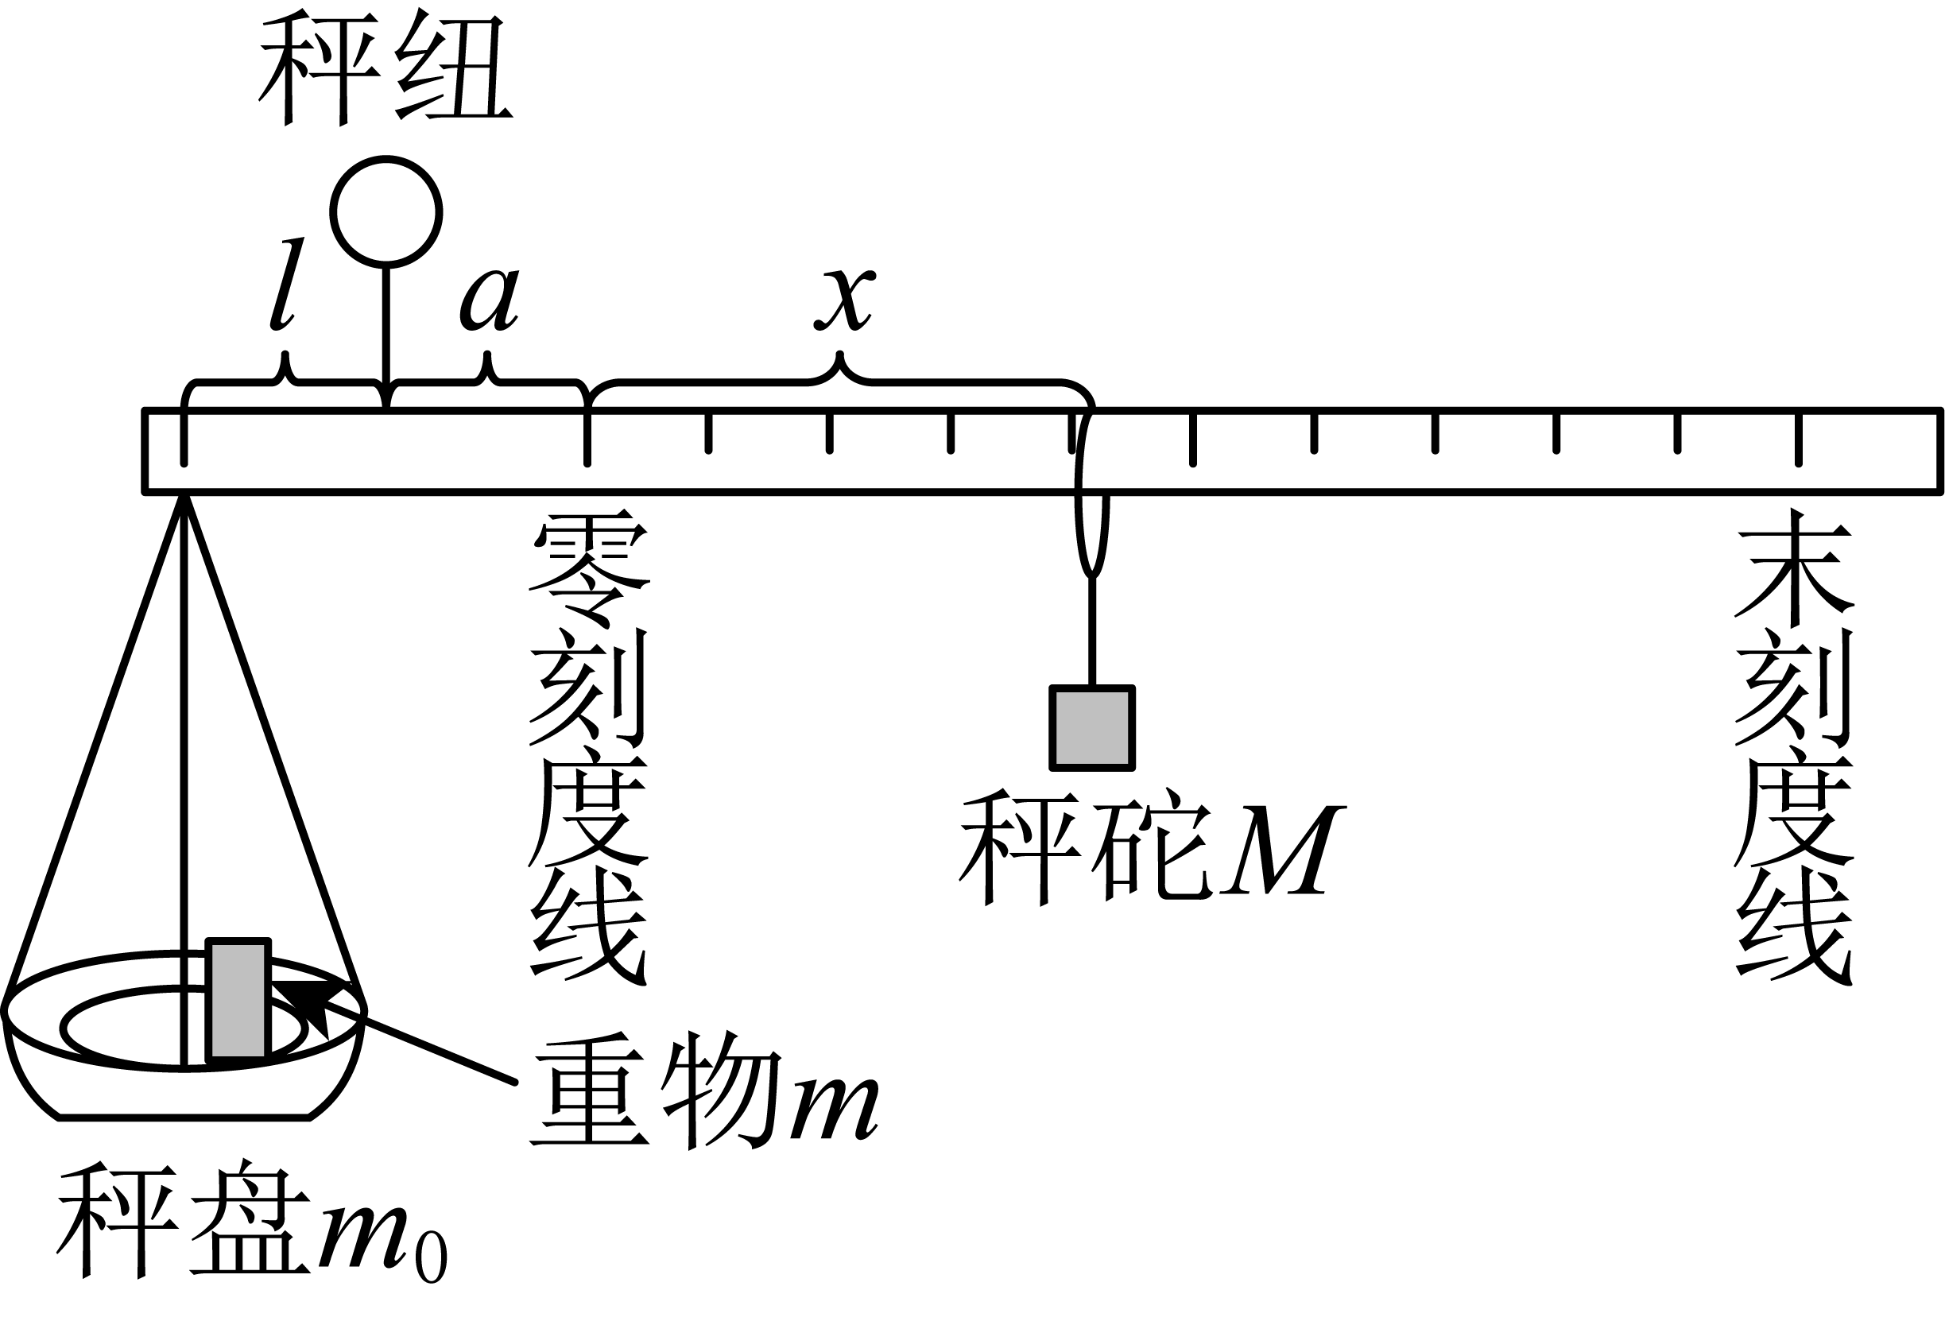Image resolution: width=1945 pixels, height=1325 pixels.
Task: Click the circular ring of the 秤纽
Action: pos(332,212)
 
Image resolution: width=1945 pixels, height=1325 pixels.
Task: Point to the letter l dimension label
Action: pos(285,283)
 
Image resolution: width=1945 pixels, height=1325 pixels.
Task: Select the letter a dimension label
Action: pos(490,299)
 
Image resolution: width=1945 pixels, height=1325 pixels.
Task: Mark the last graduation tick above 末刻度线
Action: pos(1798,437)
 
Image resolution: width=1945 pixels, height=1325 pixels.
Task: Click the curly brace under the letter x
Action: pos(840,382)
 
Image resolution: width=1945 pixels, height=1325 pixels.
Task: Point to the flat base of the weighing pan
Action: pos(184,1117)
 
